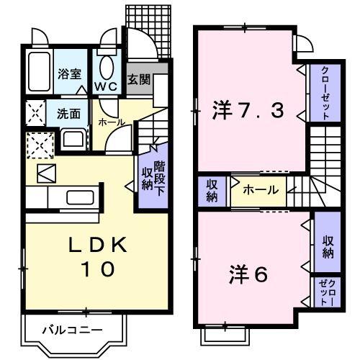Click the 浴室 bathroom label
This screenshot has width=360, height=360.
[x=71, y=73]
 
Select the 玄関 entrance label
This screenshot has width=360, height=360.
[x=139, y=78]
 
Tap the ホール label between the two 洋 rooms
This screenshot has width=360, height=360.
[x=257, y=191]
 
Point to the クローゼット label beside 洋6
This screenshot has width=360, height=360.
[x=326, y=293]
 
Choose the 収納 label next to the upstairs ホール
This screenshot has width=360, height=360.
[x=212, y=190]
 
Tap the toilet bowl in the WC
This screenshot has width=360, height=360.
[x=107, y=68]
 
